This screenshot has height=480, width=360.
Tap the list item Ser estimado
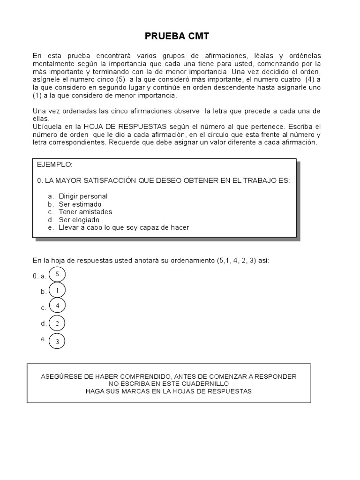pyautogui.click(x=80, y=204)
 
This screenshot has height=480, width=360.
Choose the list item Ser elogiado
pyautogui.click(x=79, y=219)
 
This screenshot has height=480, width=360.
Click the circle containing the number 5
pyautogui.click(x=57, y=274)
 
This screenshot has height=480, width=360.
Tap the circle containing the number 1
pyautogui.click(x=57, y=291)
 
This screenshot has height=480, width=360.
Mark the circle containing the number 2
pyautogui.click(x=57, y=323)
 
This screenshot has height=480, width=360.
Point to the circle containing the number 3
pyautogui.click(x=57, y=341)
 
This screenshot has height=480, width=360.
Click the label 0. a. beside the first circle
pyautogui.click(x=39, y=276)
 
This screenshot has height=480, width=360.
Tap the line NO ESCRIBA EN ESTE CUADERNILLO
pyautogui.click(x=169, y=383)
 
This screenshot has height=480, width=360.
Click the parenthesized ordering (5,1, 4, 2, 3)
pyautogui.click(x=236, y=260)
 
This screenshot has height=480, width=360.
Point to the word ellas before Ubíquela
pyautogui.click(x=41, y=119)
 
